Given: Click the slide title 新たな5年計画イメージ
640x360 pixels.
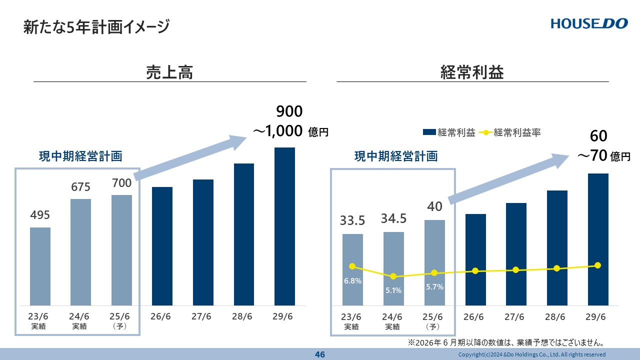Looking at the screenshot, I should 96,26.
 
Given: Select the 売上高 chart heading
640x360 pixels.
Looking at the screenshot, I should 169,72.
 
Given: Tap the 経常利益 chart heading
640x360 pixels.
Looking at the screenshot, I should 472,72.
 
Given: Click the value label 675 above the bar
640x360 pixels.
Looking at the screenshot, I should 80,187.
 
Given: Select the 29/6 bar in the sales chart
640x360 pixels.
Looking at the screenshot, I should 284,226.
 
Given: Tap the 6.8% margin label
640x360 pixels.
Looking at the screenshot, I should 352,281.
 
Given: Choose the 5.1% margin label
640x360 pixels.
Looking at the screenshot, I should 393,290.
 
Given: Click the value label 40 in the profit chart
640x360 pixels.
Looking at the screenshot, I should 434,206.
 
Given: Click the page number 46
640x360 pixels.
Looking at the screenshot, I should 320,354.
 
